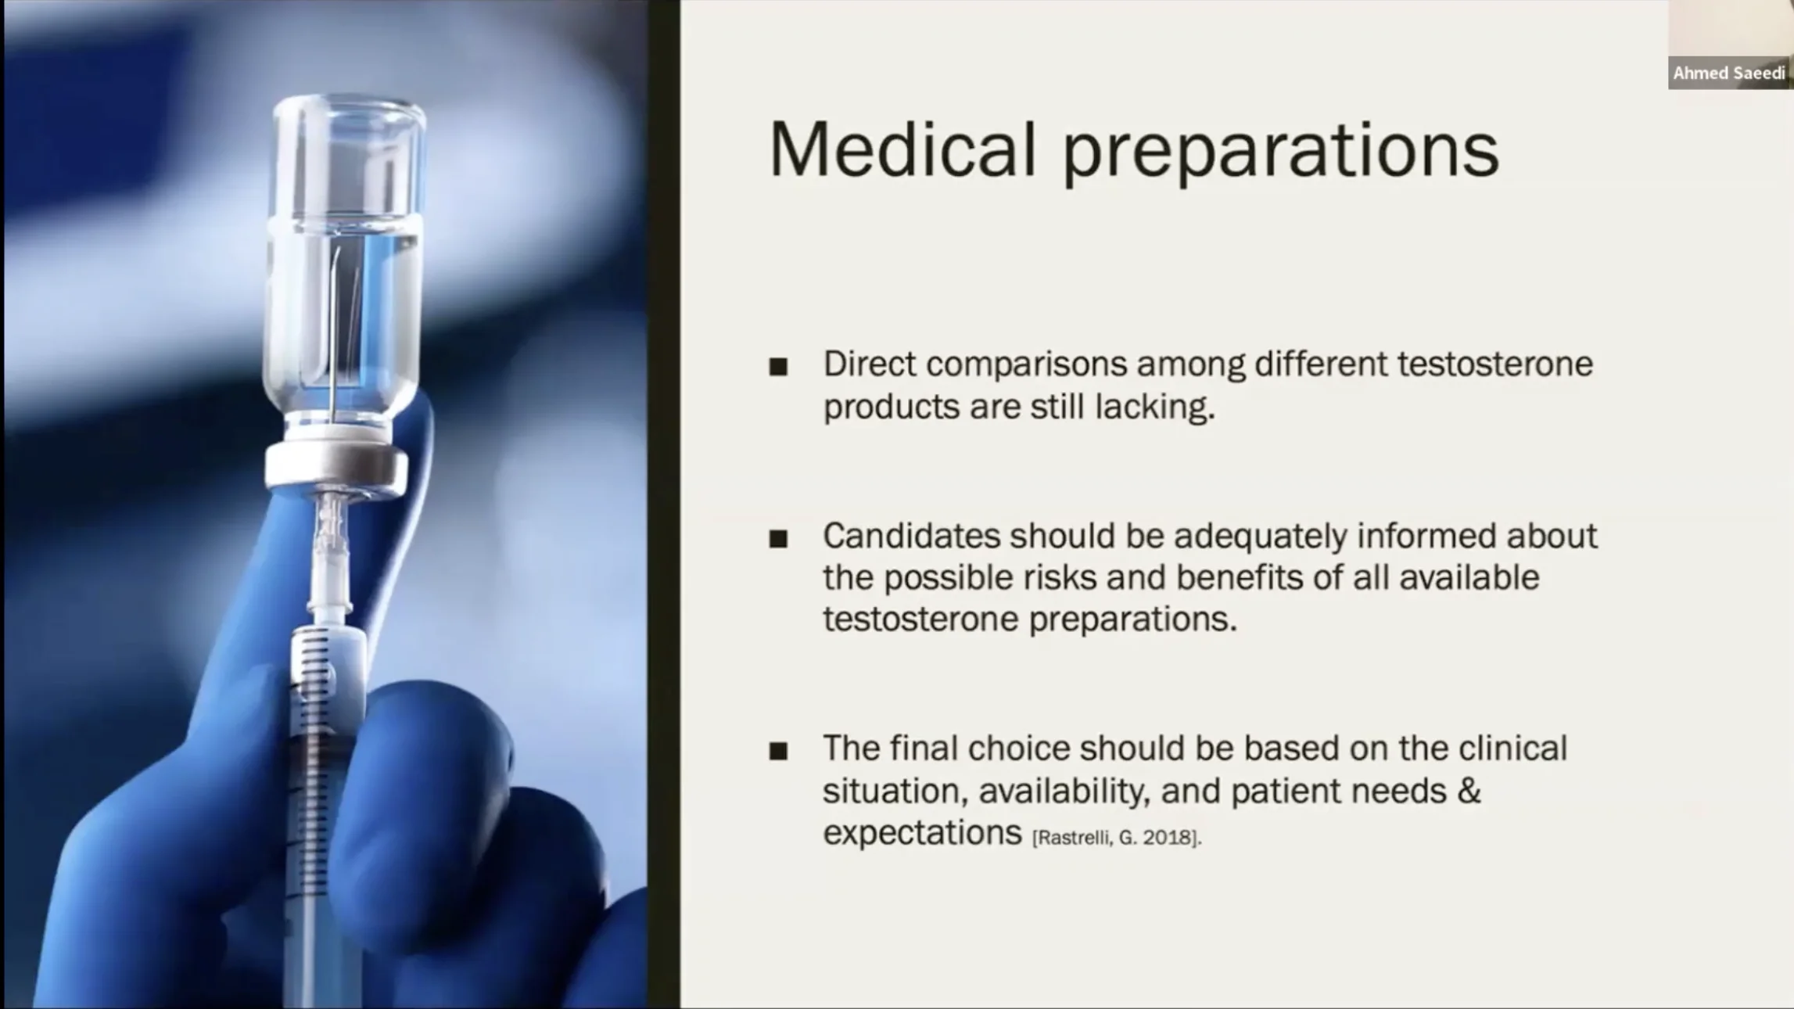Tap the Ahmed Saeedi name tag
pos(1729,74)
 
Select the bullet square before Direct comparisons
pos(778,367)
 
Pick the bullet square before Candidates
pos(778,539)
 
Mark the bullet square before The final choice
pos(778,752)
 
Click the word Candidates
pos(912,536)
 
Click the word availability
pos(1064,792)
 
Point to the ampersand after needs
pos(1469,791)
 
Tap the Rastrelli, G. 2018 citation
pos(1117,838)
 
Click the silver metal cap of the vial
pos(337,466)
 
